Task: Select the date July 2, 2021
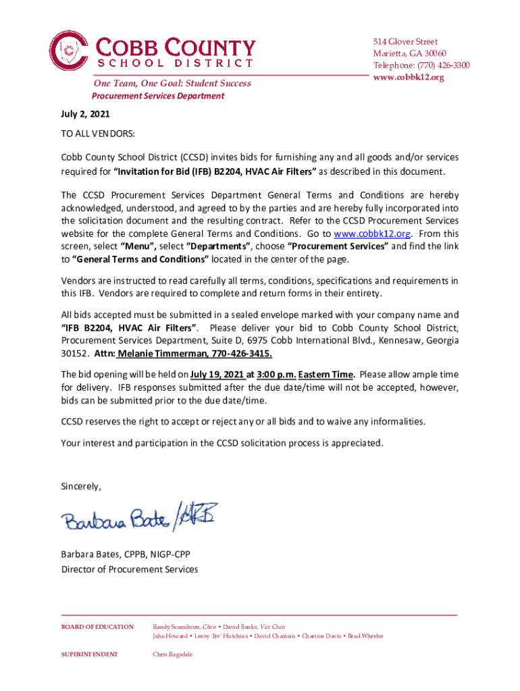click(85, 114)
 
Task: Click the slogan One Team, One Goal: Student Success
click(172, 84)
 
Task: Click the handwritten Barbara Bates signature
click(138, 518)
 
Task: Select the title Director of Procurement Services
click(130, 569)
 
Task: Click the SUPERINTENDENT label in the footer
click(90, 654)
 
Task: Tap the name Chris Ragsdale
click(173, 654)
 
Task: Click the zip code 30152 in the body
click(74, 354)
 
